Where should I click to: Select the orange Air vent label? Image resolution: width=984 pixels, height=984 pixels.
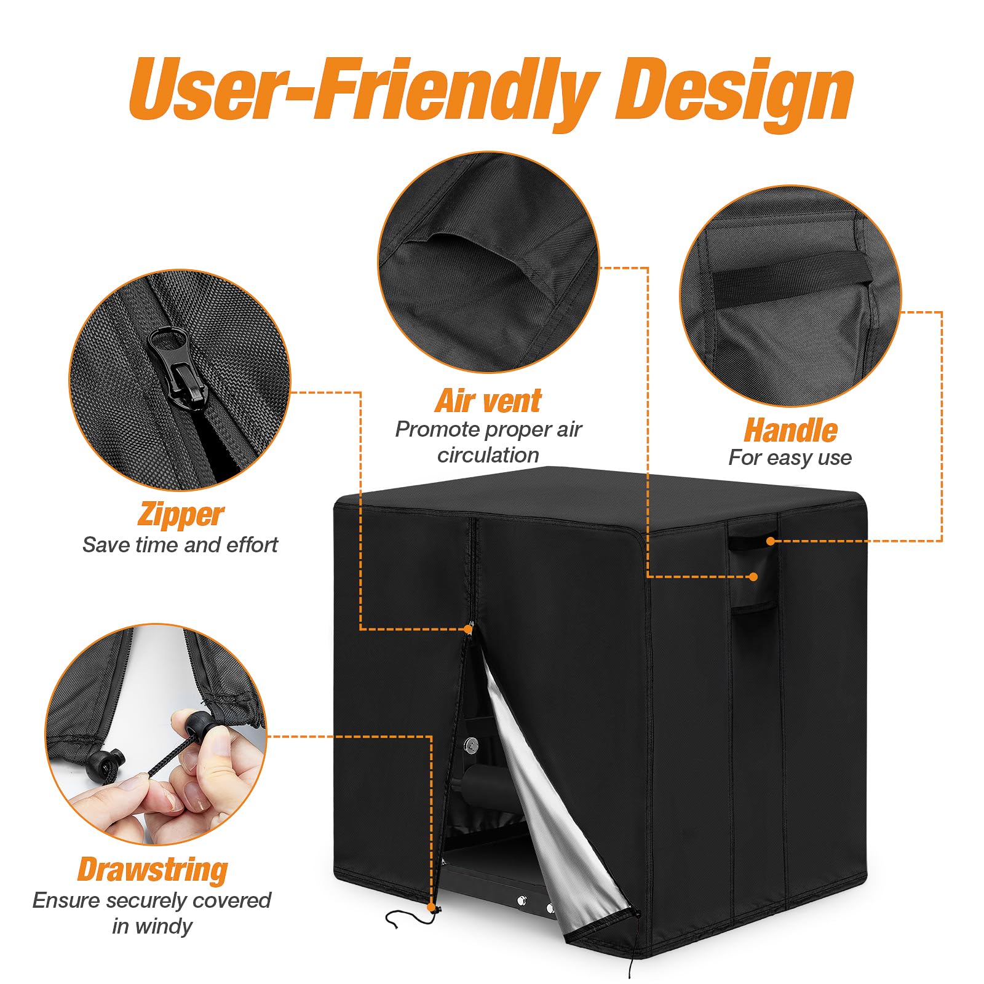pyautogui.click(x=488, y=401)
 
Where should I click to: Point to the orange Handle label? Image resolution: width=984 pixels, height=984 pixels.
pyautogui.click(x=790, y=430)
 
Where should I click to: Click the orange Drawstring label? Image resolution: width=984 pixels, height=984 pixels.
pyautogui.click(x=153, y=870)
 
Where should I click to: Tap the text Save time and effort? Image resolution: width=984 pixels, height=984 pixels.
pyautogui.click(x=180, y=545)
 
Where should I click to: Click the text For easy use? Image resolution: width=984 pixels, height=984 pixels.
pyautogui.click(x=790, y=458)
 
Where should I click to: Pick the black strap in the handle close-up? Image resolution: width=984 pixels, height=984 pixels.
pyautogui.click(x=792, y=280)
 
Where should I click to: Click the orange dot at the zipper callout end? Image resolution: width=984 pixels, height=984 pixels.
pyautogui.click(x=469, y=629)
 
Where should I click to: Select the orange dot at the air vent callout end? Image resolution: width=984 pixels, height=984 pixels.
pyautogui.click(x=753, y=576)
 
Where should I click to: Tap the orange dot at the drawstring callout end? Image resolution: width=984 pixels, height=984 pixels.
pyautogui.click(x=431, y=908)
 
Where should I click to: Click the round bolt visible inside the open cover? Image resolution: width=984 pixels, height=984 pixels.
pyautogui.click(x=471, y=745)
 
